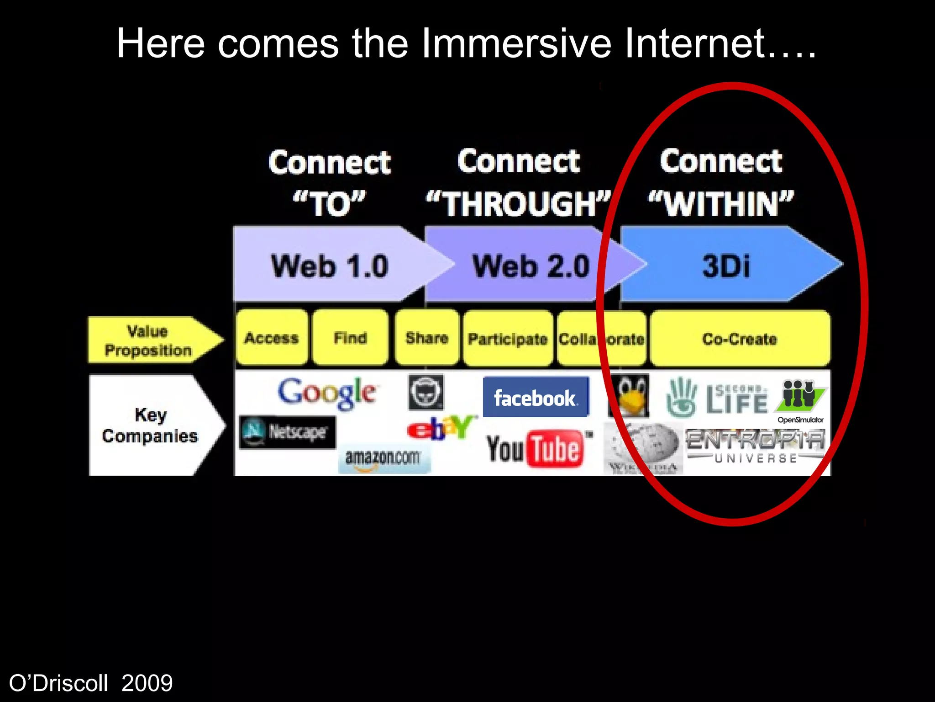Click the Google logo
[x=327, y=393]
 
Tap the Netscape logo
[x=288, y=432]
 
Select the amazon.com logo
[x=383, y=458]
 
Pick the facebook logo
[x=536, y=397]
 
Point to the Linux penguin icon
[x=629, y=396]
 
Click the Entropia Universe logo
[x=756, y=446]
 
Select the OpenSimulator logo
[x=801, y=400]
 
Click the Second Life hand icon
[x=682, y=397]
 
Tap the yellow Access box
[x=272, y=338]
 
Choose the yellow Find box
[x=350, y=338]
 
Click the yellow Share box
[x=427, y=338]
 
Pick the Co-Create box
[x=740, y=339]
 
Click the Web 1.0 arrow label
[x=330, y=266]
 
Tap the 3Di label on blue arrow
[x=726, y=266]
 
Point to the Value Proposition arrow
[x=148, y=340]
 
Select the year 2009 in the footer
[x=147, y=683]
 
